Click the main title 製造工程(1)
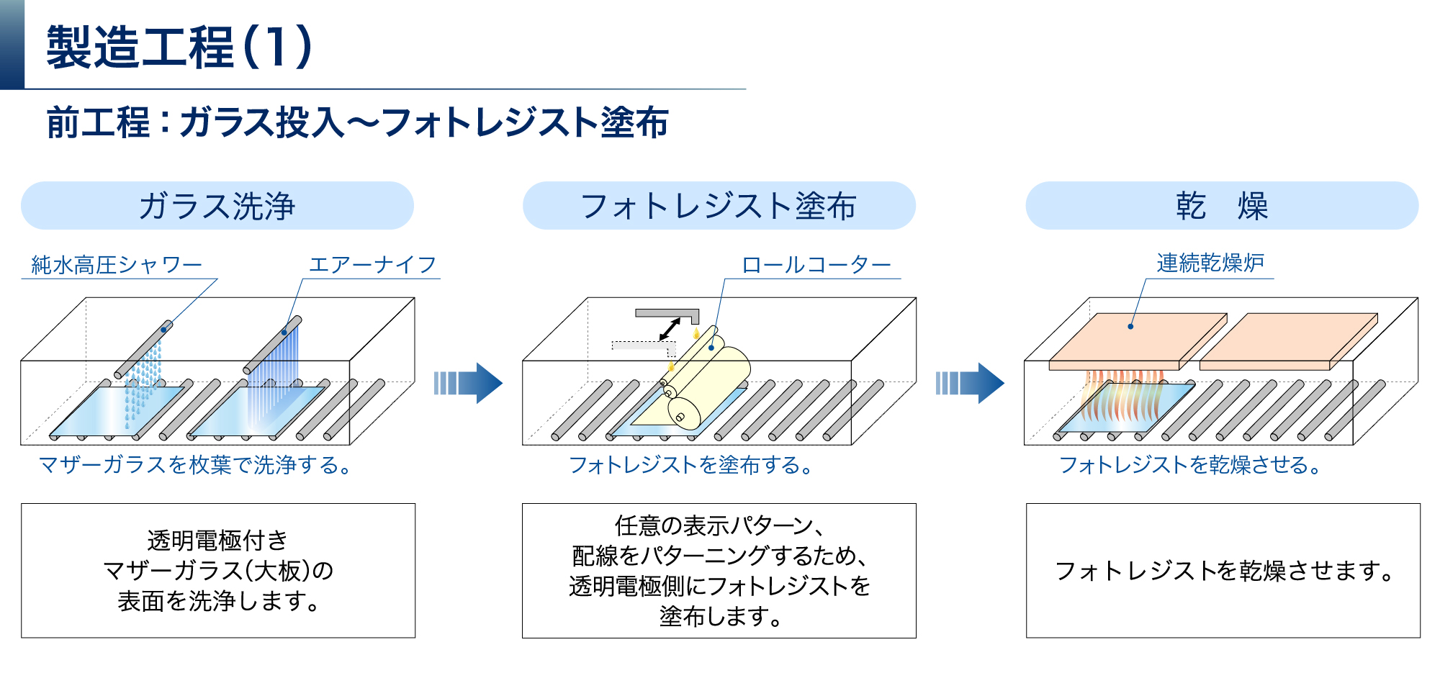[179, 48]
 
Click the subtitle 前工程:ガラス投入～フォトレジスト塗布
[357, 122]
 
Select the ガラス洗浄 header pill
[217, 206]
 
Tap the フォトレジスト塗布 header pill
[719, 206]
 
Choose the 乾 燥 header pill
[1221, 206]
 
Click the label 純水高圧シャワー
[117, 265]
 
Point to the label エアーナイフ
[372, 265]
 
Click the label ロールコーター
[816, 265]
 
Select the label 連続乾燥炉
[1210, 263]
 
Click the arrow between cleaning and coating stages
[468, 383]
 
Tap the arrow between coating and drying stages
[970, 383]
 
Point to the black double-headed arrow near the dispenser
[670, 329]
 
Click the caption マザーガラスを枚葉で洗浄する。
[195, 465]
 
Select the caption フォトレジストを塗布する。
[690, 465]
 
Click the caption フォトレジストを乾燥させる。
[1189, 465]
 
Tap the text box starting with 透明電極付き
[218, 570]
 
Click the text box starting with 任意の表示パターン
[719, 570]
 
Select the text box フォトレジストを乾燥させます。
[1223, 570]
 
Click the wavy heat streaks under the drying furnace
[1123, 396]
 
